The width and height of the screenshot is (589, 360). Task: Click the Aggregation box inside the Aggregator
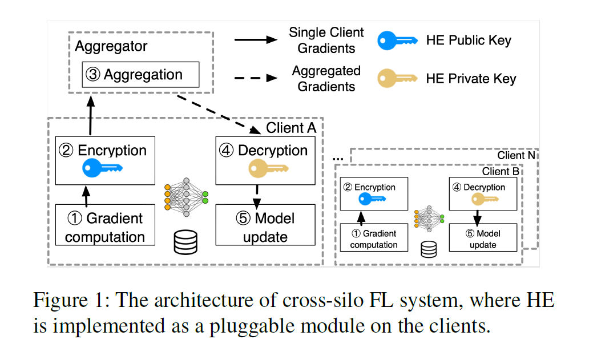point(140,75)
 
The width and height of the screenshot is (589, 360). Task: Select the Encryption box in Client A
point(105,160)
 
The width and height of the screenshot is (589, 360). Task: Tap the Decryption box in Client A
point(265,160)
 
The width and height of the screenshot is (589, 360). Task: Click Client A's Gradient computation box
point(105,228)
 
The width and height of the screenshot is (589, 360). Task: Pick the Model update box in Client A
point(265,228)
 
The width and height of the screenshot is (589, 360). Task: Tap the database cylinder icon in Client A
point(185,242)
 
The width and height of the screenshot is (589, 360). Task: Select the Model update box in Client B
point(483,238)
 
